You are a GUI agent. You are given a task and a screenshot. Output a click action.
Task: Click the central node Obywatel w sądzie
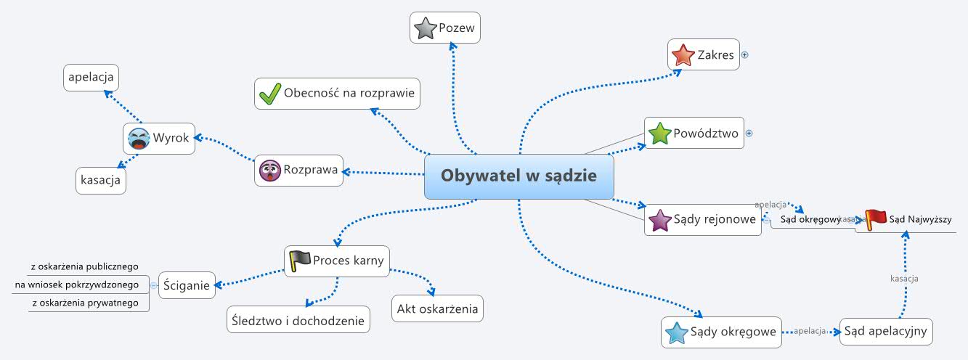pos(518,176)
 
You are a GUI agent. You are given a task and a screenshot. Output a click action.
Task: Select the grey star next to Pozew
pos(424,28)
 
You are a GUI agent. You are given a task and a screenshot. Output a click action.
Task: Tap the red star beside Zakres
pos(683,54)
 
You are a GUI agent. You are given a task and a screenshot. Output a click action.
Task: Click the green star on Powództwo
pos(659,134)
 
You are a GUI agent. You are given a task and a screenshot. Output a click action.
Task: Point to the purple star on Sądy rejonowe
pos(659,219)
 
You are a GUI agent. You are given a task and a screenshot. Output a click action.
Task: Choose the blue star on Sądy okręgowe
pos(676,332)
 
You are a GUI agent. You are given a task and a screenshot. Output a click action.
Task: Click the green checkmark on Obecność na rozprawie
pos(270,94)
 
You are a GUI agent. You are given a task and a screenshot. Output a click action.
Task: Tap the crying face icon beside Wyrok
pos(138,138)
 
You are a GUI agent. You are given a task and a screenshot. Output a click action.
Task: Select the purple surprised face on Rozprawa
pos(269,171)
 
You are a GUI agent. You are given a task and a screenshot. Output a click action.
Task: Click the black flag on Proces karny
pos(298,261)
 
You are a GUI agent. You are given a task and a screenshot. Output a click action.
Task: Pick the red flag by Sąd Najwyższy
pos(876,219)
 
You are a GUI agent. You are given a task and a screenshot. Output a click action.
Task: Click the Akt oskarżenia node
pos(437,308)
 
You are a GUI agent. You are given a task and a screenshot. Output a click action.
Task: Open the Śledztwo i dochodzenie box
pos(298,319)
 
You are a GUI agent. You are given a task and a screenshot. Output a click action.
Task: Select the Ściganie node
pos(186,285)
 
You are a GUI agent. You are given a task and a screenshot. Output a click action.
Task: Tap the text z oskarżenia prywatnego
pos(84,303)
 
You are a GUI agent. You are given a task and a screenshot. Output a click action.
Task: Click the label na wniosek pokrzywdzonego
pos(77,285)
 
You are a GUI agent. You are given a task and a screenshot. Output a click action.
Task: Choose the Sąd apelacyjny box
pos(885,332)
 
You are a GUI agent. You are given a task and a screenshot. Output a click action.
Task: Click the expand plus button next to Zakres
pos(744,54)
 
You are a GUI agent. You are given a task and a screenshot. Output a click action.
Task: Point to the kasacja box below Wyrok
pos(101,181)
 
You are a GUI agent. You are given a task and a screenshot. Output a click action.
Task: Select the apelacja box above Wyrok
pos(91,77)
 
